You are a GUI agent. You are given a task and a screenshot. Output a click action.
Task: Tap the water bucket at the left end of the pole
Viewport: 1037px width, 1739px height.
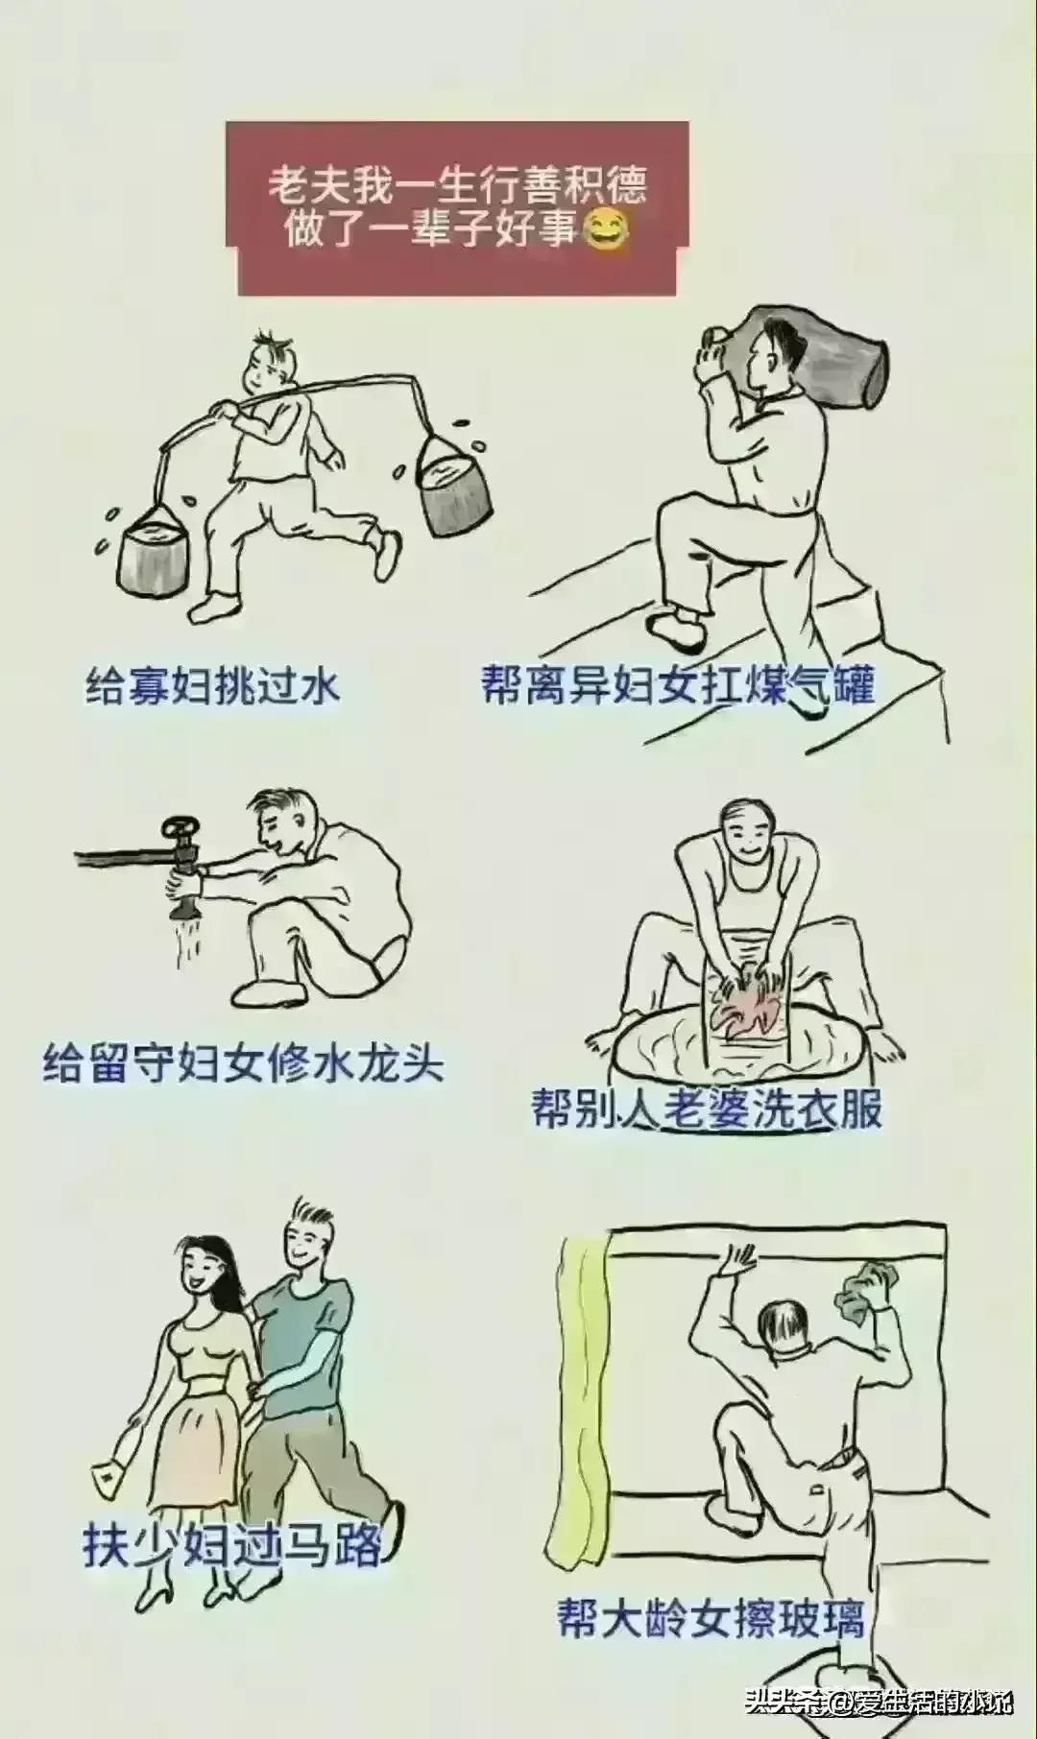point(153,554)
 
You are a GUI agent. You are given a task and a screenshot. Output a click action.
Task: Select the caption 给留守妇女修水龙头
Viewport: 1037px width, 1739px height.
point(243,1064)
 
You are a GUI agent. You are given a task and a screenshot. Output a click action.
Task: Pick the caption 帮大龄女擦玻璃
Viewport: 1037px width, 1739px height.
point(711,1619)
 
